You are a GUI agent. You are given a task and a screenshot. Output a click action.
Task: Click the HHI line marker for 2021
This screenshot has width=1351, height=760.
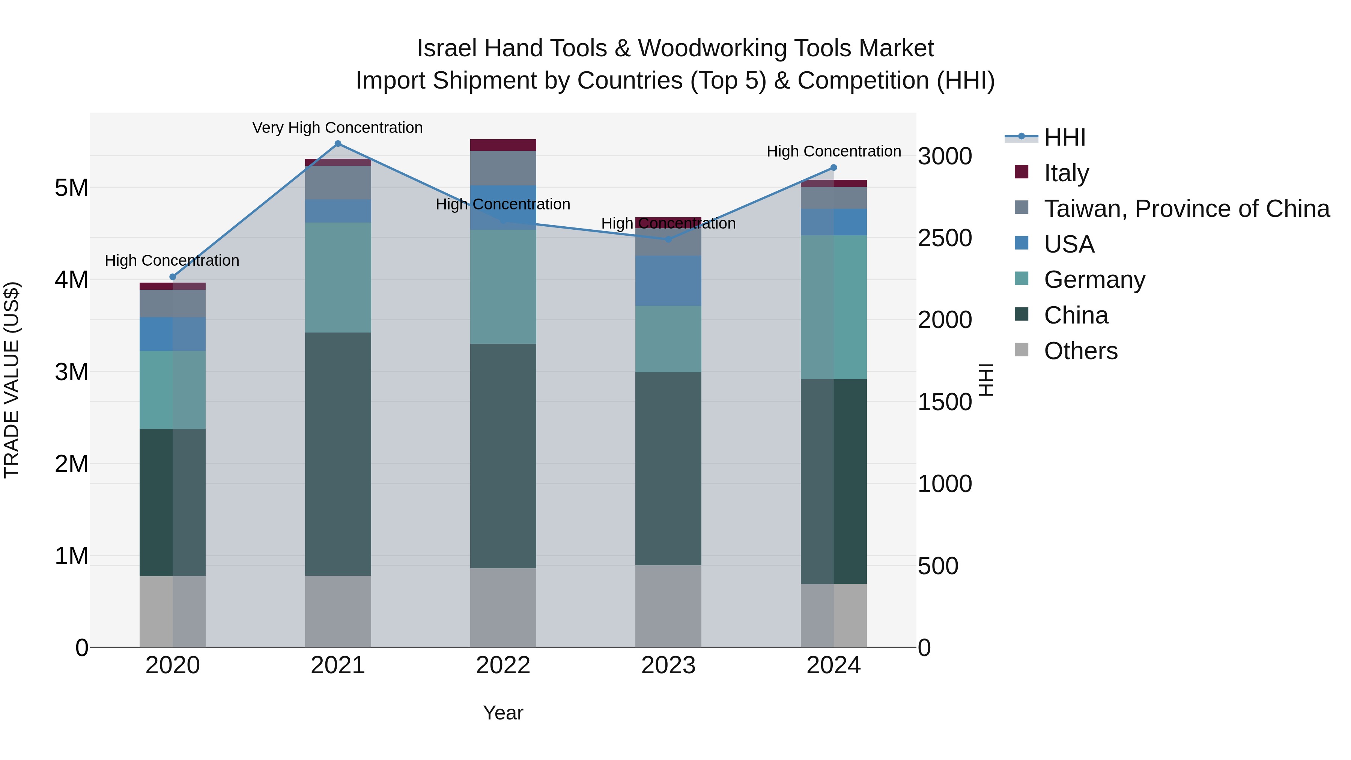tap(338, 144)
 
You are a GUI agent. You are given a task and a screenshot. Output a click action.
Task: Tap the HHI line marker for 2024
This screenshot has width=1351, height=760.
tap(833, 168)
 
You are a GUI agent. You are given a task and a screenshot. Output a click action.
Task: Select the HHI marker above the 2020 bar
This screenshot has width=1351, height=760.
tap(173, 277)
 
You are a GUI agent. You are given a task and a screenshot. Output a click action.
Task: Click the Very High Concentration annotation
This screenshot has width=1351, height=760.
tap(337, 128)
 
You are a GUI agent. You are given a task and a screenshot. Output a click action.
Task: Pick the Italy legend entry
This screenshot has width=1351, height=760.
tap(1066, 173)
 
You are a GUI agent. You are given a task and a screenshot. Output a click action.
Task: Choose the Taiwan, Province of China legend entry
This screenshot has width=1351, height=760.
tap(1186, 209)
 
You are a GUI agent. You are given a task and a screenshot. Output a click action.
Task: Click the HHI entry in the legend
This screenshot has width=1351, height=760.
tap(1064, 137)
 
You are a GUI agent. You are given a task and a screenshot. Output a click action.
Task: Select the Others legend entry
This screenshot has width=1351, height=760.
tap(1080, 351)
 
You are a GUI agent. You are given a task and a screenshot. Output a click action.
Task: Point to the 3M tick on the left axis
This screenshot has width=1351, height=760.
tap(71, 372)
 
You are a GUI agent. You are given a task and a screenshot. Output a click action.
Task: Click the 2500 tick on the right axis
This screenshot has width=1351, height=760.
tap(945, 238)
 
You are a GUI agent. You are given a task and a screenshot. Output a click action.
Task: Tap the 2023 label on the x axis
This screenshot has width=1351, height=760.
tap(668, 665)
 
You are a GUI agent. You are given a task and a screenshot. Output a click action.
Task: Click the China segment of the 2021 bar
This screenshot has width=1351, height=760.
tap(338, 454)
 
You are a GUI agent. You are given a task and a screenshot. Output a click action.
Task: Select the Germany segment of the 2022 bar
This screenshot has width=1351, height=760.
tap(503, 286)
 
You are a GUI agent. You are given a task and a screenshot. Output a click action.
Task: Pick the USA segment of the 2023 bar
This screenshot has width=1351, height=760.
tap(668, 281)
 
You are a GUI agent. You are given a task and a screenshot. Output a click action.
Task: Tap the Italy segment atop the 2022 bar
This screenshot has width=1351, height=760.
tap(503, 145)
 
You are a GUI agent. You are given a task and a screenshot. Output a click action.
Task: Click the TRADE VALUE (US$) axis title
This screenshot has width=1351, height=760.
tap(12, 380)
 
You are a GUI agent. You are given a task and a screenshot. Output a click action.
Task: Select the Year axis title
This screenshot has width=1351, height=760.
tap(503, 713)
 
